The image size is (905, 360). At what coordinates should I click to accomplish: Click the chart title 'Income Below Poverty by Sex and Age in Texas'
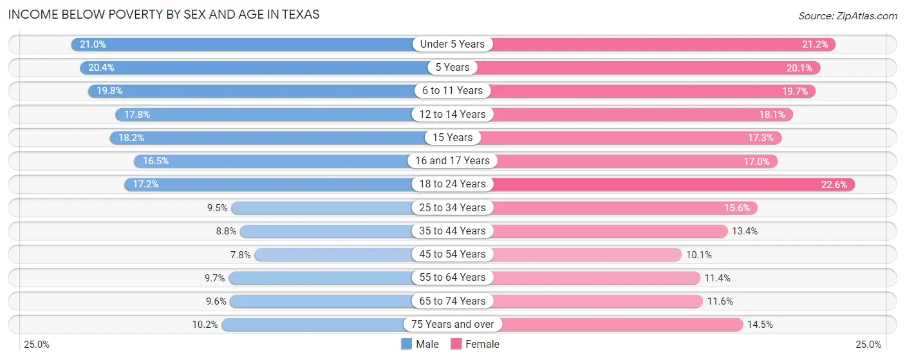(163, 14)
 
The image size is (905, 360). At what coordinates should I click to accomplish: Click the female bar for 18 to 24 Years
(669, 184)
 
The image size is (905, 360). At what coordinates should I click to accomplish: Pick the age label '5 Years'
(452, 68)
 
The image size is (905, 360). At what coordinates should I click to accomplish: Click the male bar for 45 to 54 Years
(335, 254)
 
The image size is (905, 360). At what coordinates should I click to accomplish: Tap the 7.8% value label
(241, 254)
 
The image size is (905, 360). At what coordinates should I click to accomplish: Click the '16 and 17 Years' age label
(452, 161)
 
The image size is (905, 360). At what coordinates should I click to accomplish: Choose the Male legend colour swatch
(406, 344)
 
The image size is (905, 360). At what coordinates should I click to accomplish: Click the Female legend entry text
(482, 344)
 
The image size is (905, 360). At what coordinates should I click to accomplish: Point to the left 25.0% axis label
(36, 344)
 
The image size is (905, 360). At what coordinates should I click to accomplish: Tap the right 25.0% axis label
(866, 344)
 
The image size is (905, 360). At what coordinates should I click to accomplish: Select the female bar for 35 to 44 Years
(608, 231)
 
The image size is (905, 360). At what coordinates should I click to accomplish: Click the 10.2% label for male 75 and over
(205, 325)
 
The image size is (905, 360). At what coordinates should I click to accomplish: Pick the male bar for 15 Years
(270, 138)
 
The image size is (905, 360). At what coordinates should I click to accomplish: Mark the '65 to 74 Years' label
(452, 301)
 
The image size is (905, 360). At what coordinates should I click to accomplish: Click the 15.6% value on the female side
(738, 208)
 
